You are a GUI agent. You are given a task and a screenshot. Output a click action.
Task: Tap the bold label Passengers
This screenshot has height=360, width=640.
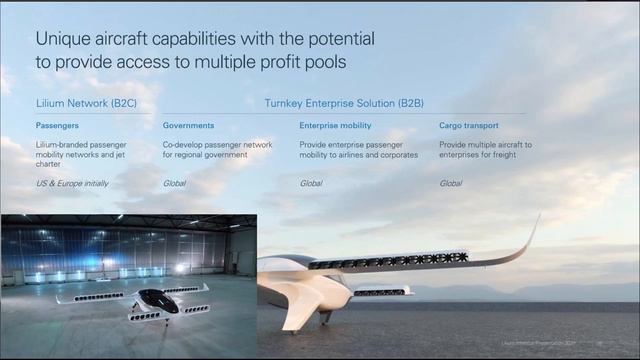pos(58,126)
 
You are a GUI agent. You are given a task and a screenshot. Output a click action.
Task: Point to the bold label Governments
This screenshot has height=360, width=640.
pos(188,126)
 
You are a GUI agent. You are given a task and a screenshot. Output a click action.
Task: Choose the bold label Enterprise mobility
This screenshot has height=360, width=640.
pos(335,126)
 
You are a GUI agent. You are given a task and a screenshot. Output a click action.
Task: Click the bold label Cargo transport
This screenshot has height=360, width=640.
pos(469,126)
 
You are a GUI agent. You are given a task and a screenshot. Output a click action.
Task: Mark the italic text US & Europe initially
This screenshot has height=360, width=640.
pos(72,184)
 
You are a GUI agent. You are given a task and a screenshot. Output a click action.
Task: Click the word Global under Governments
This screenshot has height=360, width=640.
pos(174,184)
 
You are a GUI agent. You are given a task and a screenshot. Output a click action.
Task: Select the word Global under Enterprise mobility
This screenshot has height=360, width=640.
pos(311,184)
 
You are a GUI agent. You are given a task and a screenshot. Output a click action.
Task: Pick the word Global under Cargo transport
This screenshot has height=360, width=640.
pos(451,184)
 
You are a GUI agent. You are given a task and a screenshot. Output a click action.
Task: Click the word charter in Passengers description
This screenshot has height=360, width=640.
pos(49,167)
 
